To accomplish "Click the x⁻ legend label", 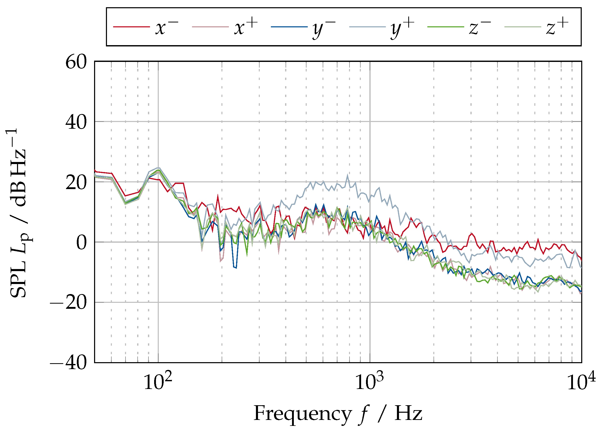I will [x=167, y=27].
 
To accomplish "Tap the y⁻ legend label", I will [x=324, y=28].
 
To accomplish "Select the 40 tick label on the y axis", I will [x=76, y=123].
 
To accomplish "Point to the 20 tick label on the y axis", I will [x=76, y=183].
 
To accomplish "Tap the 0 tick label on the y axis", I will [x=81, y=243].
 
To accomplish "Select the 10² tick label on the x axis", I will [x=158, y=382].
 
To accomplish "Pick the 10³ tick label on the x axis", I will [x=369, y=382].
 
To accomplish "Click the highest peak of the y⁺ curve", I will [x=347, y=175].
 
